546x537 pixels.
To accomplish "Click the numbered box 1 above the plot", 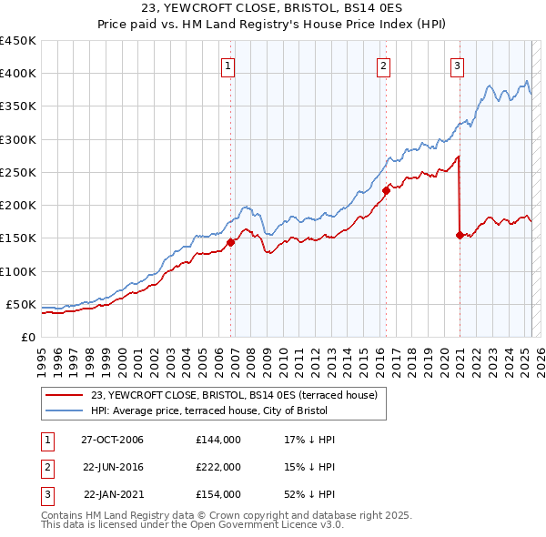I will click(227, 66).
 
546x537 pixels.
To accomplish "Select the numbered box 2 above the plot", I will click(384, 66).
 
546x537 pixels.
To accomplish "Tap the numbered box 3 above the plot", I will click(457, 66).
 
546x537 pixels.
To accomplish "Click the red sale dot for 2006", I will click(231, 242).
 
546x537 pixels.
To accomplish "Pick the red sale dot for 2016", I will click(386, 190).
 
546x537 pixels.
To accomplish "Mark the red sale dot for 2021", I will click(460, 235).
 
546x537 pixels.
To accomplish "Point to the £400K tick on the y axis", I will click(18, 74).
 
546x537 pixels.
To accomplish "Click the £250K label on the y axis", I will click(18, 172).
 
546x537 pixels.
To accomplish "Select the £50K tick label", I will click(22, 304).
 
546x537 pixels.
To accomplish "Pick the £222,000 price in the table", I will click(218, 467).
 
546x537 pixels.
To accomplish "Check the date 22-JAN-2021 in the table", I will click(114, 494).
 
